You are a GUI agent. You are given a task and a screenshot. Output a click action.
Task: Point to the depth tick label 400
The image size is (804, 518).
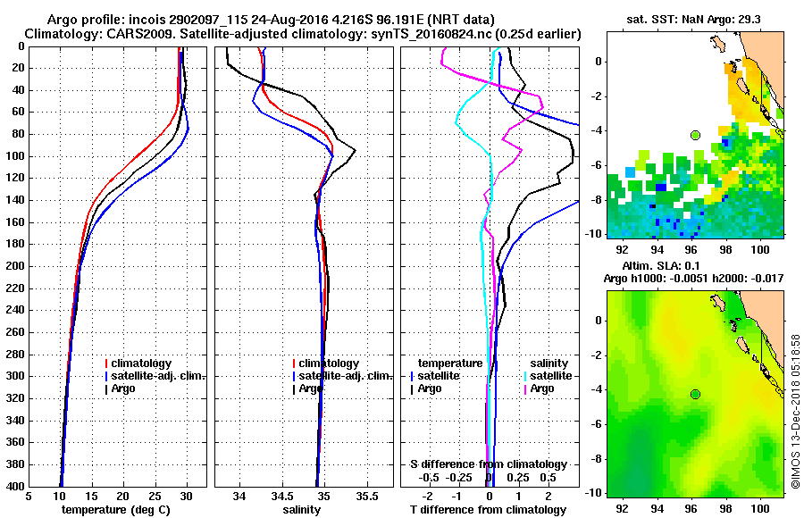click(16, 487)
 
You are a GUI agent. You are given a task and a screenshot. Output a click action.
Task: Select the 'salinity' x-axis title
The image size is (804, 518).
click(302, 510)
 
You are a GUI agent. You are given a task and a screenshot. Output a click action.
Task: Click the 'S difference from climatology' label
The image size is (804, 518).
click(488, 464)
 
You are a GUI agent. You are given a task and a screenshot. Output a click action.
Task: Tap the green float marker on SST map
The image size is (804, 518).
click(695, 135)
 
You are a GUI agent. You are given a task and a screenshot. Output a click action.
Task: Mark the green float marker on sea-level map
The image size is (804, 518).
click(695, 394)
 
